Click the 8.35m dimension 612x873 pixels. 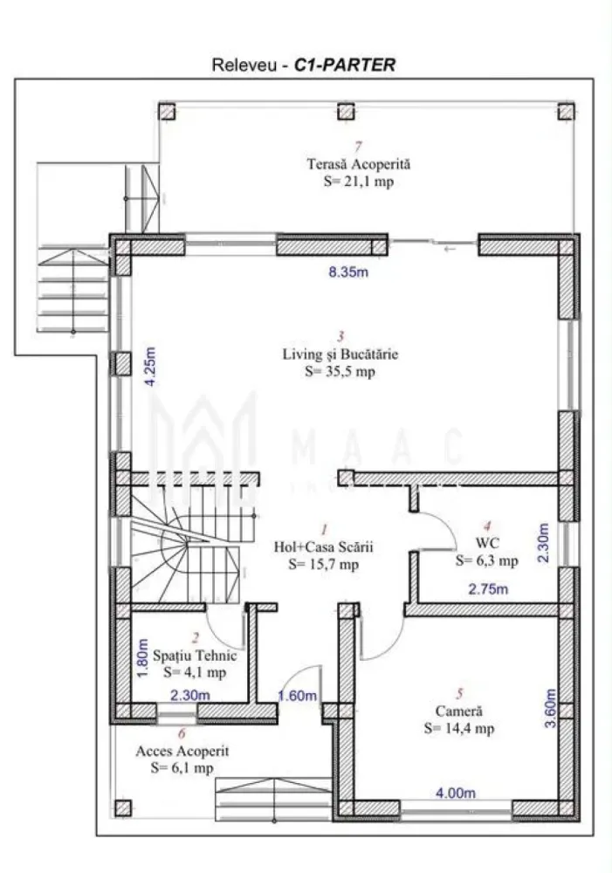pos(348,272)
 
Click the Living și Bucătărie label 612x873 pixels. pos(340,354)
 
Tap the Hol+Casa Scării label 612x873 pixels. pos(323,547)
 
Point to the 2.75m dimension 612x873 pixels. pos(489,590)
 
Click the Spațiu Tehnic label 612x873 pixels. pos(194,655)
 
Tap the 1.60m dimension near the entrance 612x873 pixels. pos(298,696)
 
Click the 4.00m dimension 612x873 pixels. pos(456,793)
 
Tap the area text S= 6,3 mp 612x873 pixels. pos(487,561)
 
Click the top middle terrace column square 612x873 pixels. pos(346,112)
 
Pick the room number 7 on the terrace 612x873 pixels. pos(357,147)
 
